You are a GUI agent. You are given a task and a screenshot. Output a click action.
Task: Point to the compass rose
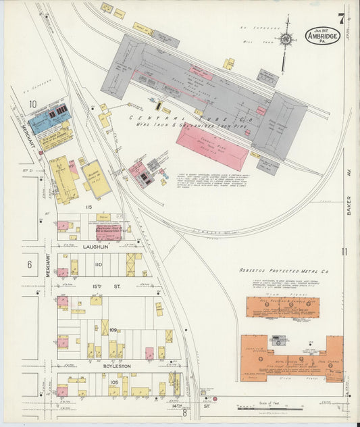tap(287, 41)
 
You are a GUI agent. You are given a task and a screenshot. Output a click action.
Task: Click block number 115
tap(87, 206)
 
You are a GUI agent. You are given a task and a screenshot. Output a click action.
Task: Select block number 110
tap(98, 264)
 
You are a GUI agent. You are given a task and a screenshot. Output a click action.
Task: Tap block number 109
tap(113, 330)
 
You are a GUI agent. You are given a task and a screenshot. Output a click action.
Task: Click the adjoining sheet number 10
tap(32, 104)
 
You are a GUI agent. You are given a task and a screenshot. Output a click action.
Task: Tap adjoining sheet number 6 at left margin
tap(29, 265)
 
